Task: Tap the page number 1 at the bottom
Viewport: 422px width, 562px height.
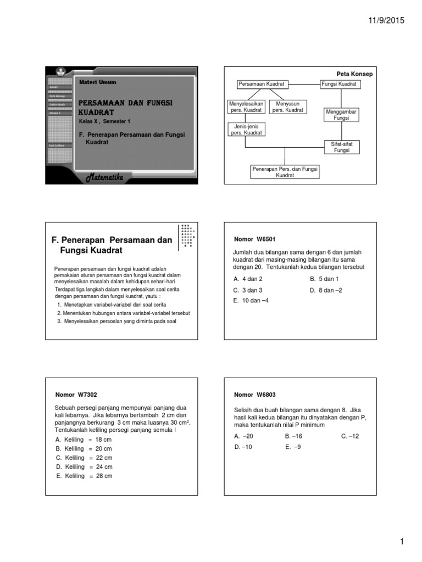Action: click(x=402, y=542)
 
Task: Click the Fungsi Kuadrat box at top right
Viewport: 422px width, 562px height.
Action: click(x=339, y=84)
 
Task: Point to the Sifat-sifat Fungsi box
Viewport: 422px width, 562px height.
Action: click(x=341, y=147)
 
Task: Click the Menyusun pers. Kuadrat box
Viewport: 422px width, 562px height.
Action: click(x=288, y=106)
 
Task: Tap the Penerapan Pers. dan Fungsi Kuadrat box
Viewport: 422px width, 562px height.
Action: click(x=285, y=172)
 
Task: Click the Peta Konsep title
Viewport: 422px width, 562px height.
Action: click(x=354, y=74)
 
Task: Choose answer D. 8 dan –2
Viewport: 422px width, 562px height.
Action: click(x=326, y=290)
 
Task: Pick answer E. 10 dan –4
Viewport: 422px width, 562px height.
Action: click(x=251, y=301)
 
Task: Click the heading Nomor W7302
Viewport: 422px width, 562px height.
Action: click(x=76, y=395)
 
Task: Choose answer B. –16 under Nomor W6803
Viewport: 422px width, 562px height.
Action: click(x=294, y=436)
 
